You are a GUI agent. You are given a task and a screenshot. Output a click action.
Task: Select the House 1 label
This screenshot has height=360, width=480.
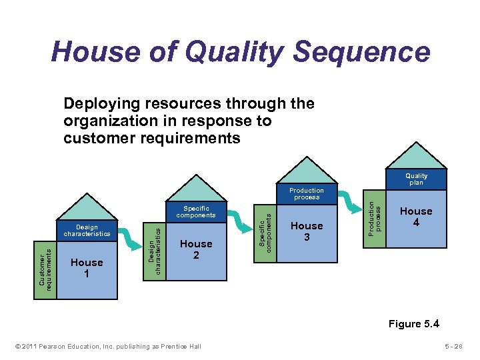pyautogui.click(x=87, y=267)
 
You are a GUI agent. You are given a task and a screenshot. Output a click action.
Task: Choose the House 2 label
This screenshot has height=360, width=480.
pyautogui.click(x=196, y=249)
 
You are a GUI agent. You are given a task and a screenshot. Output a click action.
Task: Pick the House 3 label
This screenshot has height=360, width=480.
pyautogui.click(x=307, y=231)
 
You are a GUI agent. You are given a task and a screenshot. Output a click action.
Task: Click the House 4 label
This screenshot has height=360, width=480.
pyautogui.click(x=416, y=216)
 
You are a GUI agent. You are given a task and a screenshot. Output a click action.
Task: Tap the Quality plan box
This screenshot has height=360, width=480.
pyautogui.click(x=416, y=179)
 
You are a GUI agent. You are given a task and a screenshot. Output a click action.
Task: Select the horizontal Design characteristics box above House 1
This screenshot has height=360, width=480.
pyautogui.click(x=87, y=231)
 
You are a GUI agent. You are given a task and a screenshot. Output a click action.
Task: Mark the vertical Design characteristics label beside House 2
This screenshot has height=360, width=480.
pyautogui.click(x=155, y=249)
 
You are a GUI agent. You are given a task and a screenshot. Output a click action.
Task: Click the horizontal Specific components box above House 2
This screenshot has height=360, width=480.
pyautogui.click(x=196, y=212)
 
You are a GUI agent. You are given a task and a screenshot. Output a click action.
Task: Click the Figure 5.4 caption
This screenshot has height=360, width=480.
pyautogui.click(x=415, y=324)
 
